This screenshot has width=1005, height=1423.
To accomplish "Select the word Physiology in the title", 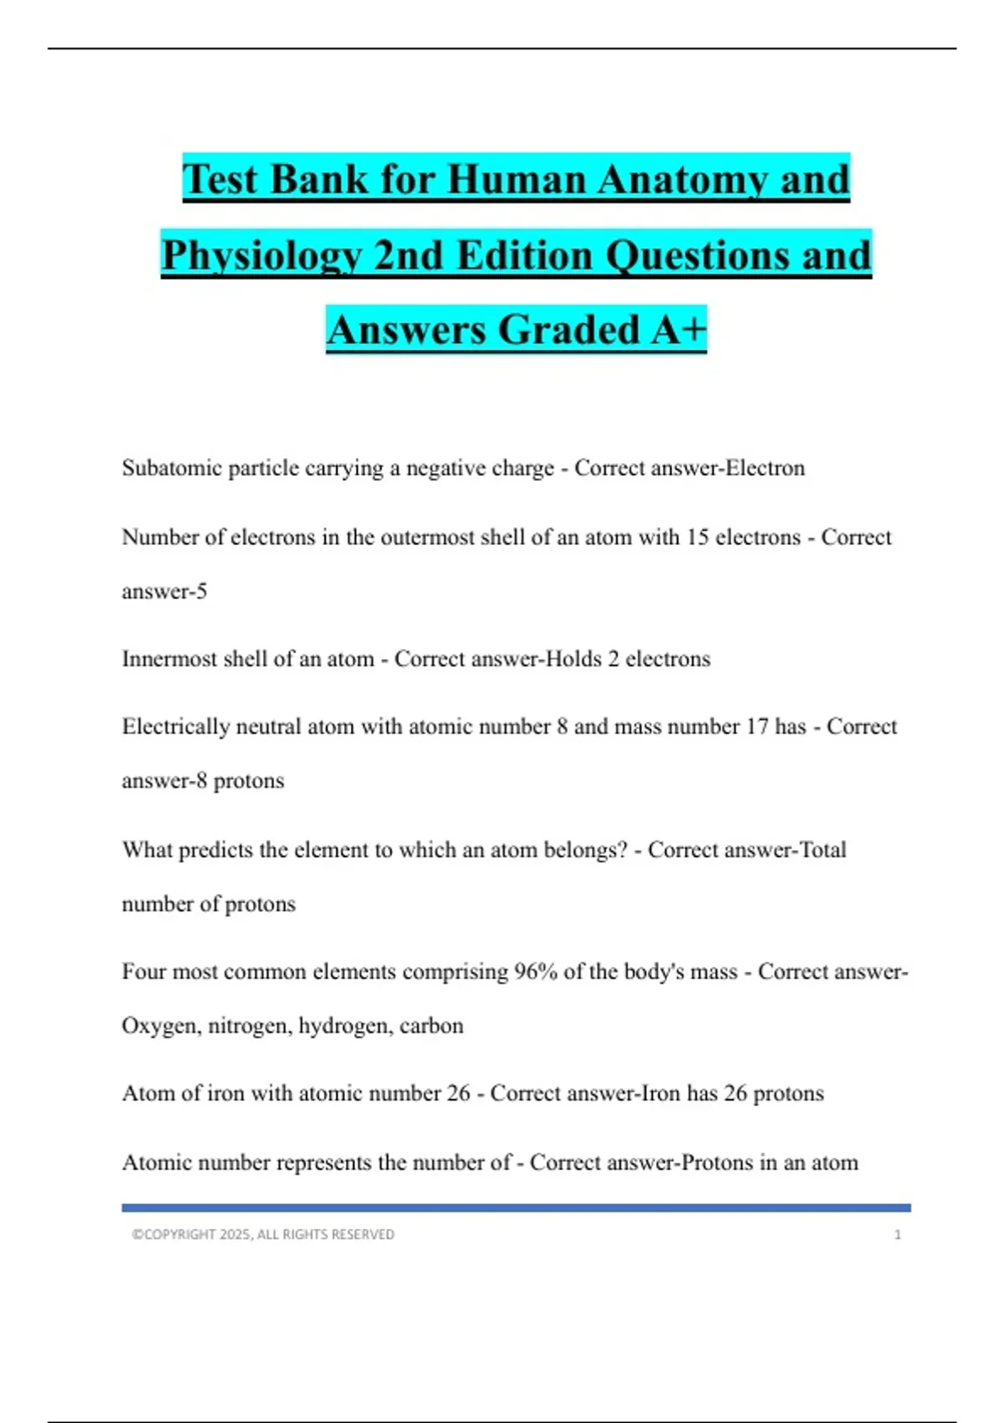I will click(x=260, y=255).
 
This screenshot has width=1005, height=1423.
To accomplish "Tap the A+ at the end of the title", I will click(x=678, y=329).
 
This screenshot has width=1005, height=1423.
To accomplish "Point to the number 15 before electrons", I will click(x=698, y=537).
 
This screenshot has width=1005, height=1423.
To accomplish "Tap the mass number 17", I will click(x=756, y=727).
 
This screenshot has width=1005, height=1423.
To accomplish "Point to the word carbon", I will click(x=431, y=1026).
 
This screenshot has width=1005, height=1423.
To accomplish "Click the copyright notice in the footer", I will click(x=263, y=1235).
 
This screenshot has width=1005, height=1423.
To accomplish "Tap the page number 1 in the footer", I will click(x=898, y=1235).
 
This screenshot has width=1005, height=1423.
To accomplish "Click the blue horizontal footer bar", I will click(x=516, y=1208).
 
